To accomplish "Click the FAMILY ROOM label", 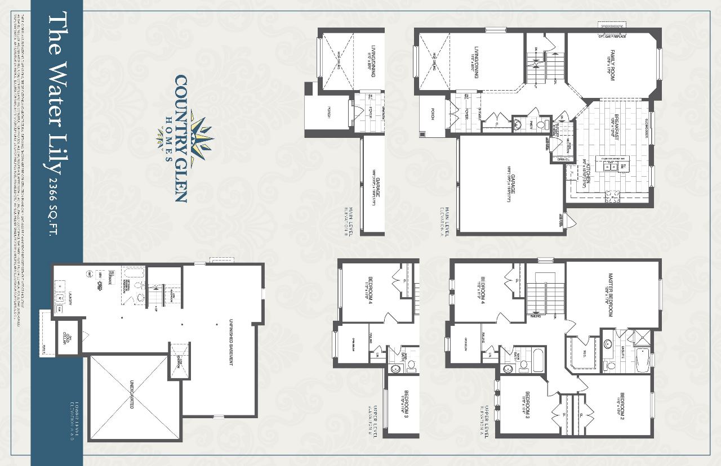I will point(611,65).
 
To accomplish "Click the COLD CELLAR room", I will point(66,339).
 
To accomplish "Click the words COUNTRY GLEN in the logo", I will point(180,138).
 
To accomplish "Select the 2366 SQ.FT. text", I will point(55,206).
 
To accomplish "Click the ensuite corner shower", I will point(641,337).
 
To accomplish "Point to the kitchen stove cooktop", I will point(611,196).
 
